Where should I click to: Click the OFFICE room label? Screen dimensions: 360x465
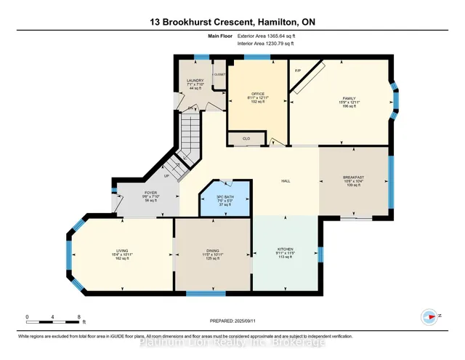[x=257, y=93]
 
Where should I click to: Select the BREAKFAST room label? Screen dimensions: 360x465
[x=353, y=177]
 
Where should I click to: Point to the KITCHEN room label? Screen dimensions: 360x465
[x=285, y=249]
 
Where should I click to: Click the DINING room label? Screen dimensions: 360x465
[x=213, y=249]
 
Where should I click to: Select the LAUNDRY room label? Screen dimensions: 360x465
[x=195, y=81]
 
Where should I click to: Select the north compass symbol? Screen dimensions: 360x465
[x=429, y=316]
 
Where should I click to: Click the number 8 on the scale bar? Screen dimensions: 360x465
[x=78, y=316]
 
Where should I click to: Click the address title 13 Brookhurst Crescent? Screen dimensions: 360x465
[x=232, y=22]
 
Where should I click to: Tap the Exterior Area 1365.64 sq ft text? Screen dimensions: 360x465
[x=267, y=36]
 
